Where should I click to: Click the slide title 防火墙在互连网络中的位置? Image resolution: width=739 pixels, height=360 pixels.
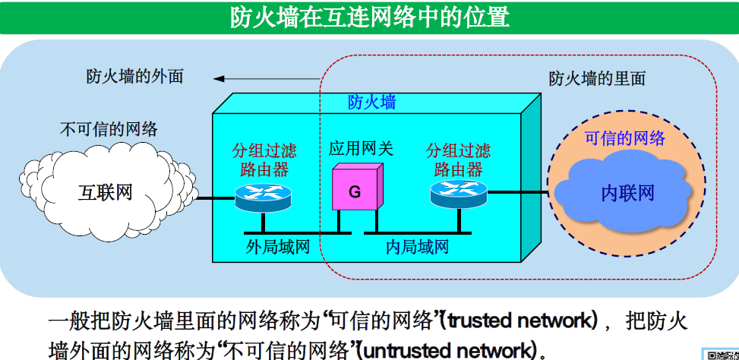coord(369,17)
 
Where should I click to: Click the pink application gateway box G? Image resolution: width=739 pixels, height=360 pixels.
coord(355,191)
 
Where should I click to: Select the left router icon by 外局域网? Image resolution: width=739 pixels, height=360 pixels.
coord(262,197)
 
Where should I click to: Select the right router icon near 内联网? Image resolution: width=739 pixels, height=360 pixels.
coord(458,194)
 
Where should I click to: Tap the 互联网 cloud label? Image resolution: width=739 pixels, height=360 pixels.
coord(106,192)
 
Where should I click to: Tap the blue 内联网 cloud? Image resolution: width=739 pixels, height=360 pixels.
coord(627,192)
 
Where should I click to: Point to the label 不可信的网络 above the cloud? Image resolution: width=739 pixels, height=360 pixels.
coord(109,128)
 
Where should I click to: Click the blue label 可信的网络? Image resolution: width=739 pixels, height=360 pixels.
coord(624,137)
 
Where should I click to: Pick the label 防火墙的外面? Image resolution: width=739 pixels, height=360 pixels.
coord(134,77)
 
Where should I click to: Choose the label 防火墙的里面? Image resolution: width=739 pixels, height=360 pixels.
coord(597,78)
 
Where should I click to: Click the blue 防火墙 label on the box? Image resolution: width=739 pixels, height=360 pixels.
coord(371,102)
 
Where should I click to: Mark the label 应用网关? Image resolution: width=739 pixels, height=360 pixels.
coord(361,148)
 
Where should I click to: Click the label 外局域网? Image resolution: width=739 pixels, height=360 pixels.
coord(278,247)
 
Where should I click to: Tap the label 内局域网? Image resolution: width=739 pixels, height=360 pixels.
coord(417,247)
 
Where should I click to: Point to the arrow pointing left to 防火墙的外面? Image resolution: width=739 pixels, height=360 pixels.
coord(266,77)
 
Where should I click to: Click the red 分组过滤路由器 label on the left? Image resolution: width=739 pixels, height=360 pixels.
coord(261,159)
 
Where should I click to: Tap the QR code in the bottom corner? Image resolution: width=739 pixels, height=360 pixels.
coord(722,354)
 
